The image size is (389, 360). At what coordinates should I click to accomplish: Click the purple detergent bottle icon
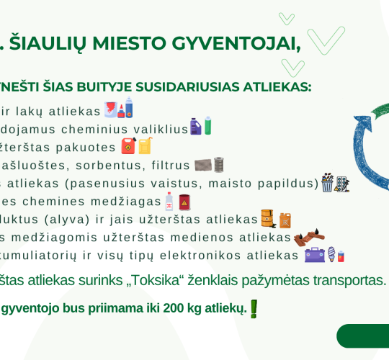tap(195, 127)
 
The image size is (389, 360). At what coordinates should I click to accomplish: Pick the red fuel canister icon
tap(129, 145)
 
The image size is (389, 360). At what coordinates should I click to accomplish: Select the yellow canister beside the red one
tap(145, 145)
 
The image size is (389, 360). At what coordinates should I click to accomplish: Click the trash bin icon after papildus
tap(328, 183)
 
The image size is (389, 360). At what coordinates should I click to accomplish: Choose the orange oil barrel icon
tap(268, 218)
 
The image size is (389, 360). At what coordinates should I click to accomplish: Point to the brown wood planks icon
tap(309, 237)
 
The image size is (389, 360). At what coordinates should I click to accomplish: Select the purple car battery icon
tap(315, 255)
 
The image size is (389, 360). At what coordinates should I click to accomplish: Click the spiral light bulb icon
tap(331, 255)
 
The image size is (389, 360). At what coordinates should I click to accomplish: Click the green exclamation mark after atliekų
tap(254, 308)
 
